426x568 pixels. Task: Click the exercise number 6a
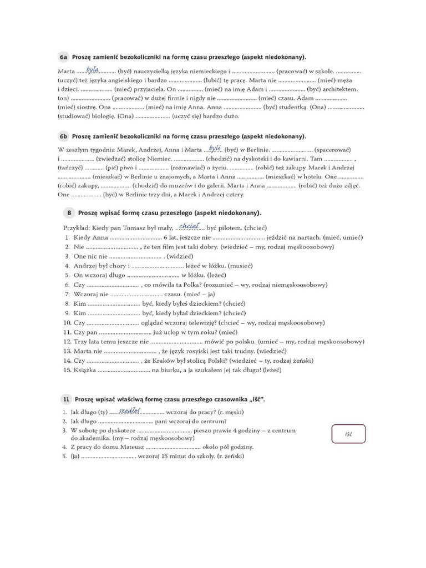click(63, 57)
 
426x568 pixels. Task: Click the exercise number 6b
click(63, 136)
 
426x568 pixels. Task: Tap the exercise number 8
click(69, 212)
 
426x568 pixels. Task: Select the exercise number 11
click(66, 399)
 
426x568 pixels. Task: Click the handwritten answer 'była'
click(93, 69)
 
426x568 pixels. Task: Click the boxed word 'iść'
click(348, 434)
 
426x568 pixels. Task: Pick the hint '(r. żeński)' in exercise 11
click(229, 457)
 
